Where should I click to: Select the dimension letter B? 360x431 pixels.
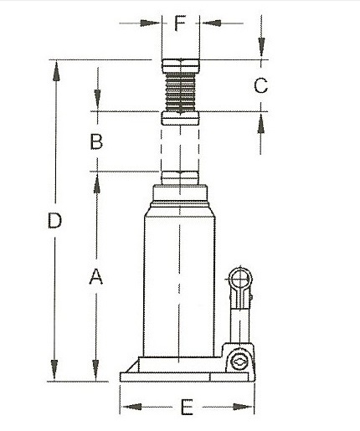[96, 141]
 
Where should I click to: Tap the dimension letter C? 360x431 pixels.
[260, 85]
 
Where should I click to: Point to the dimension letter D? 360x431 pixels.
[54, 221]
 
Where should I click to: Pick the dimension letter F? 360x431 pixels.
[179, 23]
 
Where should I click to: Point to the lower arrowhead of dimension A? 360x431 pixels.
[96, 373]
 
